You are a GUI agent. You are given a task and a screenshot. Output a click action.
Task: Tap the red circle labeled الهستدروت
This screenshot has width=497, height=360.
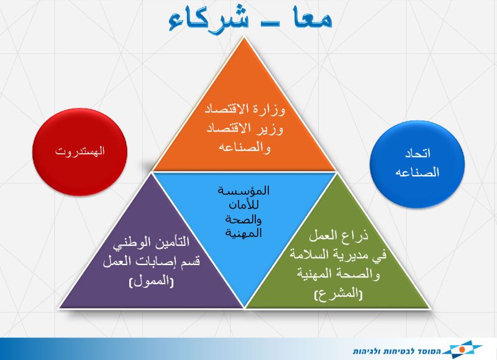click(x=80, y=151)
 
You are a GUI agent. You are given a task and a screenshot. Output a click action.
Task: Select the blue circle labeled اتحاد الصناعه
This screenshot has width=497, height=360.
click(x=417, y=164)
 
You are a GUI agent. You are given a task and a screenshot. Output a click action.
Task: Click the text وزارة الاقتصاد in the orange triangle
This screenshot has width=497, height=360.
click(x=245, y=110)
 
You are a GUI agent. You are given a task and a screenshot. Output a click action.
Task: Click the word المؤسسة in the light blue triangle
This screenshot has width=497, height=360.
click(x=244, y=191)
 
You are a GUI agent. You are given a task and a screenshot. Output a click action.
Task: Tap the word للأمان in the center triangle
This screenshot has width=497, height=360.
click(x=244, y=205)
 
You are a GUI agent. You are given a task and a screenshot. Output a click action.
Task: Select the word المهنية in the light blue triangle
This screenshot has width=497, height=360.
click(x=244, y=233)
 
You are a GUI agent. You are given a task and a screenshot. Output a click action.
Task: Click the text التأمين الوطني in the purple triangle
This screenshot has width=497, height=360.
click(x=151, y=243)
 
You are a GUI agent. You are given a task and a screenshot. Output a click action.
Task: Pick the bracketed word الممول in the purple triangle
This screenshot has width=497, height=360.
click(x=151, y=281)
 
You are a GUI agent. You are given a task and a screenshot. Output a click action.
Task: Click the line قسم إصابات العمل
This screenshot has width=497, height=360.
click(x=152, y=261)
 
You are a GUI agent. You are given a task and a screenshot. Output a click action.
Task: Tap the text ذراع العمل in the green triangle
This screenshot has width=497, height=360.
click(x=339, y=236)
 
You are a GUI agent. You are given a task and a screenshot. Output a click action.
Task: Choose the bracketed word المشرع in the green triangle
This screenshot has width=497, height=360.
click(x=338, y=294)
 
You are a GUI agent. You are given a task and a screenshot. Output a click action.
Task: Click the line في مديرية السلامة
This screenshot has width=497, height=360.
click(x=338, y=255)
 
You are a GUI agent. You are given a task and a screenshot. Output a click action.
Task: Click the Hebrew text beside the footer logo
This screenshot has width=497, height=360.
click(x=397, y=351)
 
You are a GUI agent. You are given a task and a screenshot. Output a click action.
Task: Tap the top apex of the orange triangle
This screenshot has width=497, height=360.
click(x=244, y=37)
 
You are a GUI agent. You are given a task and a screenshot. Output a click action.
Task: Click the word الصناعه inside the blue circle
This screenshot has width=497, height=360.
click(x=417, y=173)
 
